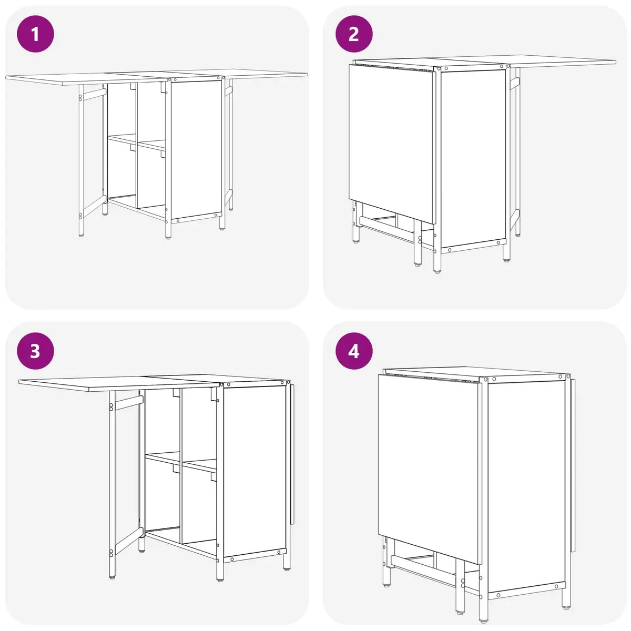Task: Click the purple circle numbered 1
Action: click(x=35, y=34)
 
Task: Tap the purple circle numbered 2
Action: click(x=354, y=34)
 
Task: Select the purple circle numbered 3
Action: click(x=35, y=351)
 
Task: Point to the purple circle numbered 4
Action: click(x=354, y=351)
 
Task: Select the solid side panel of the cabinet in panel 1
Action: click(x=196, y=150)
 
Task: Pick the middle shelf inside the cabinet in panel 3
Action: click(x=181, y=462)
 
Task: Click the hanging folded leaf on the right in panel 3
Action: click(x=292, y=453)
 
